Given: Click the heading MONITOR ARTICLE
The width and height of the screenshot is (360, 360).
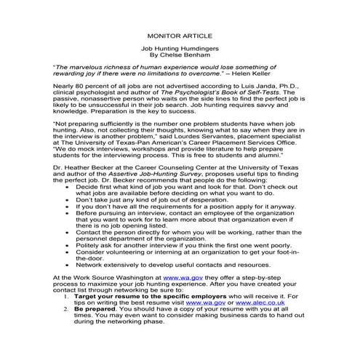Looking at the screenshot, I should point(180,33).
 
